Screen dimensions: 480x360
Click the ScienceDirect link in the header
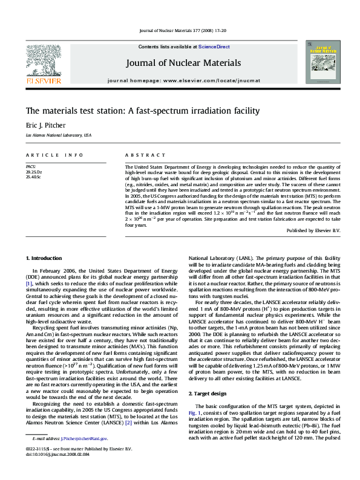tap(215, 47)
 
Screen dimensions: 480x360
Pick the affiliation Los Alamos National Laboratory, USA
tap(58, 135)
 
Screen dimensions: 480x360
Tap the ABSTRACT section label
tap(145, 155)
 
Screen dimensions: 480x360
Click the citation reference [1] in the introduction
tap(28, 284)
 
